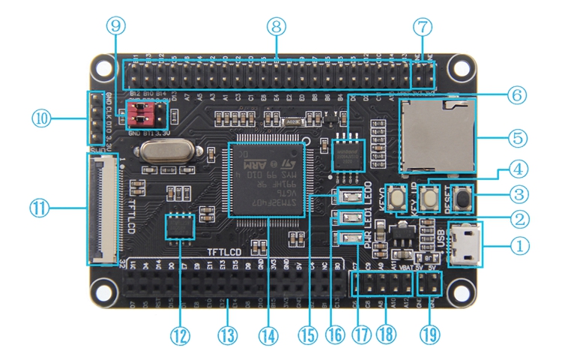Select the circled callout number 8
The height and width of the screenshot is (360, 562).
(x=277, y=26)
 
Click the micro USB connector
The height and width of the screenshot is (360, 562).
(x=465, y=244)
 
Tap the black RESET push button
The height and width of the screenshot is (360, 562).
(x=465, y=199)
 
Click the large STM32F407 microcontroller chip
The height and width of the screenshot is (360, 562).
(x=268, y=178)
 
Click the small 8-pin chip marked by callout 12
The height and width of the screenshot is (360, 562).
(x=180, y=226)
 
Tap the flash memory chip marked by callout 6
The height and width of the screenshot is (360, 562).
(x=347, y=155)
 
